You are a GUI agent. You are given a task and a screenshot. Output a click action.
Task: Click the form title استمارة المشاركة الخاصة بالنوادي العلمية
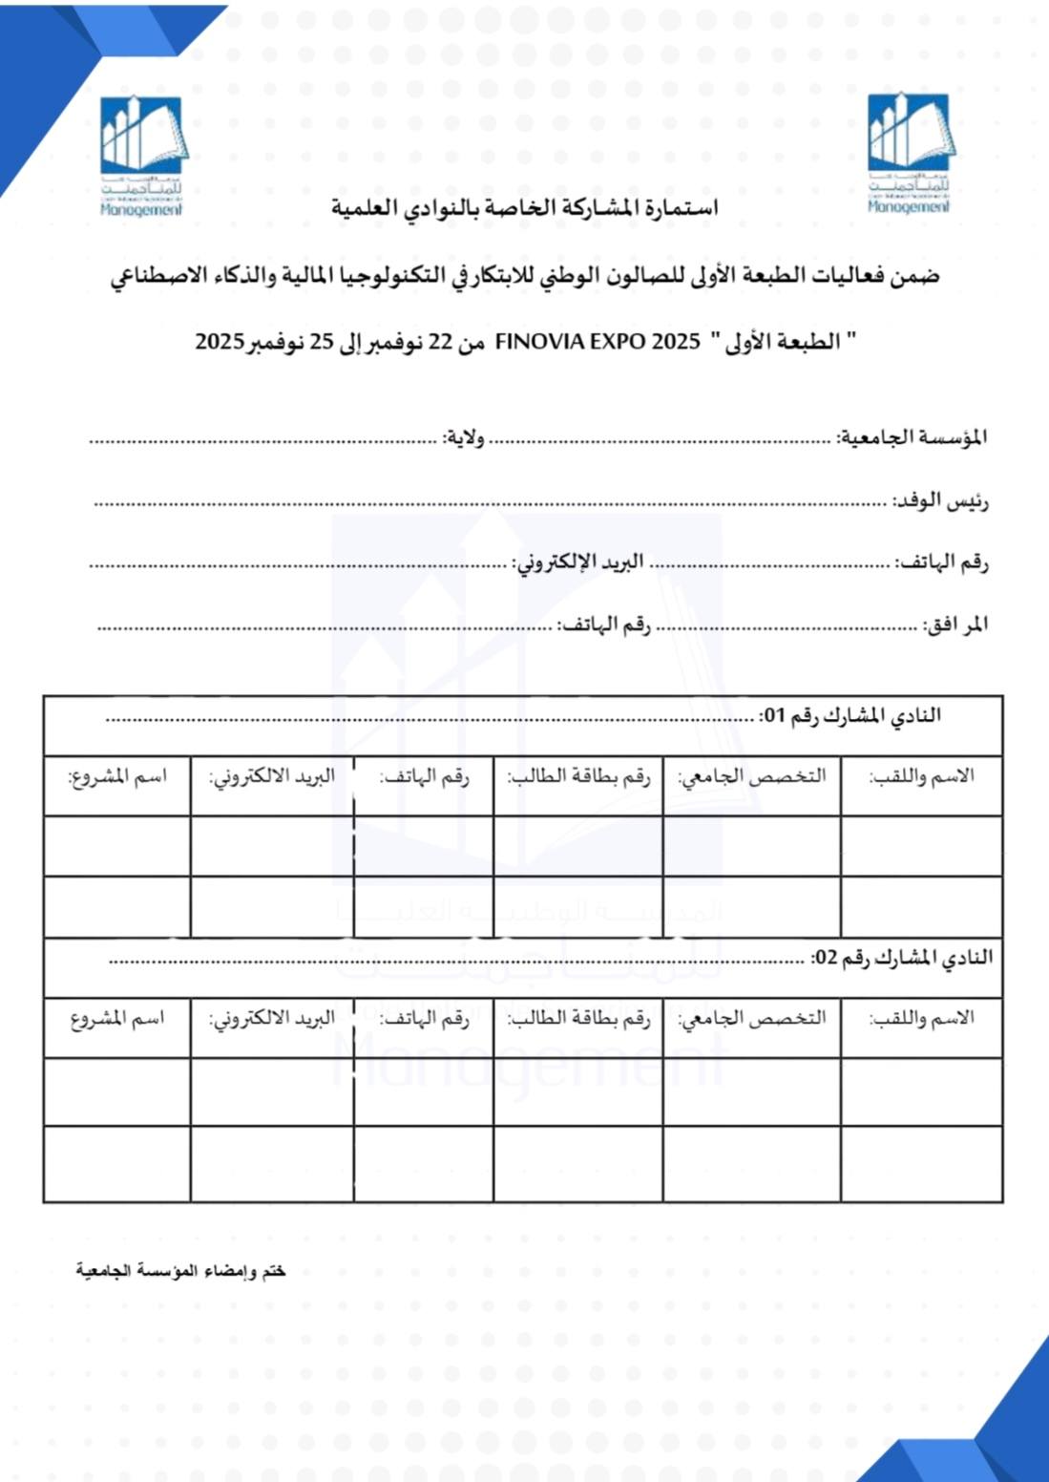click(524, 207)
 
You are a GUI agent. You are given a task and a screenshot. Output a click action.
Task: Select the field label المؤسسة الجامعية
click(912, 437)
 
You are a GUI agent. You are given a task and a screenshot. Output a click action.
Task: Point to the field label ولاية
click(463, 438)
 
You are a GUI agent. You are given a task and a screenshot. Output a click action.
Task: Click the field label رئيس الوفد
click(939, 500)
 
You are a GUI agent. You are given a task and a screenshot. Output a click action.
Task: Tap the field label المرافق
click(955, 625)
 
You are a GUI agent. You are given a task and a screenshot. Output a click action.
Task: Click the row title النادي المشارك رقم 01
click(850, 716)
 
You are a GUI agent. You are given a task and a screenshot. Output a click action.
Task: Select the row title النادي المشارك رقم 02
click(901, 958)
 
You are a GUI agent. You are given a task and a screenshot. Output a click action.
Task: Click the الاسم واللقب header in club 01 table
click(921, 775)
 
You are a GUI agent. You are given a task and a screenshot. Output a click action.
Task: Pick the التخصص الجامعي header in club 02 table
click(751, 1018)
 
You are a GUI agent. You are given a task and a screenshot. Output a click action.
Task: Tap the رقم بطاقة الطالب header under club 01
click(578, 776)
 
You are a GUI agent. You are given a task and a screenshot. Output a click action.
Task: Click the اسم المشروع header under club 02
click(116, 1018)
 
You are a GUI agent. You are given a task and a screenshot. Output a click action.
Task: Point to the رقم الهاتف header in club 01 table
click(424, 776)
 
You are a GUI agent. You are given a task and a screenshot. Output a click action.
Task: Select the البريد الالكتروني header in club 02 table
click(272, 1018)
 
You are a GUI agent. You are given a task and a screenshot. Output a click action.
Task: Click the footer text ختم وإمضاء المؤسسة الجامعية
click(180, 1271)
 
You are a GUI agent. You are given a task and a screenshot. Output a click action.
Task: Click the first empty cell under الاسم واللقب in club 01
click(921, 846)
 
